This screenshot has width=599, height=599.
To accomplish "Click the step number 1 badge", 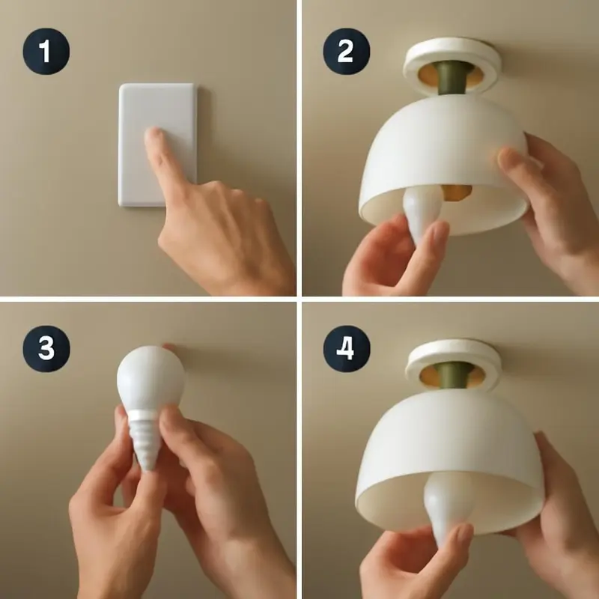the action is (x=46, y=51).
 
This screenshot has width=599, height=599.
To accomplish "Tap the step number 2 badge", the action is (x=346, y=51).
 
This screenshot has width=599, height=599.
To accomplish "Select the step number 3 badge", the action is (x=46, y=349).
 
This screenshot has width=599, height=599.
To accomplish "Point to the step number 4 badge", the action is (x=347, y=349).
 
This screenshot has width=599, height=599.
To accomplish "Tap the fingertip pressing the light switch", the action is (x=153, y=136).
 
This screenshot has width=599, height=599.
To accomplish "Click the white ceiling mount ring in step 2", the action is (x=452, y=63).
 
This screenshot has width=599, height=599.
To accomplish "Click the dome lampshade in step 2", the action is (x=443, y=164).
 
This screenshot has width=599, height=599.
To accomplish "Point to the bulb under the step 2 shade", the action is (x=422, y=212).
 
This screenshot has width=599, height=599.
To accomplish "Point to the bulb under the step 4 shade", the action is (x=445, y=504).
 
